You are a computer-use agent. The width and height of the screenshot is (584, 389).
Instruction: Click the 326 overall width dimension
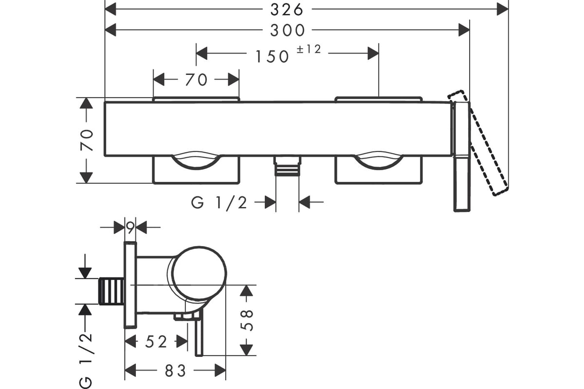(287, 10)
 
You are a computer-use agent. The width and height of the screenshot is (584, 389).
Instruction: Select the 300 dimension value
(287, 31)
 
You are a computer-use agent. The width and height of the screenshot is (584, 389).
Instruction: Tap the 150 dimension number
(272, 56)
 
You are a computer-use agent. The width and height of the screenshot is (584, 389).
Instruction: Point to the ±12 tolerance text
(309, 49)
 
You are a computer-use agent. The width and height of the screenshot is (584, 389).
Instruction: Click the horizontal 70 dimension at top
(196, 79)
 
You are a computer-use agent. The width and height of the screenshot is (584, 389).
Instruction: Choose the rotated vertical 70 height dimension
(87, 140)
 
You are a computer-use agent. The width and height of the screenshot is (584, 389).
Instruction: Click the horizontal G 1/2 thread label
(219, 203)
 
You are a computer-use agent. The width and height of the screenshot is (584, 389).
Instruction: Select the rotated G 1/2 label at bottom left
(86, 361)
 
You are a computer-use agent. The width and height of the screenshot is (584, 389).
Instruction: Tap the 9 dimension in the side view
(130, 228)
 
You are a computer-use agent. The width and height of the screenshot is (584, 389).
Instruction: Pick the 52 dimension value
(156, 341)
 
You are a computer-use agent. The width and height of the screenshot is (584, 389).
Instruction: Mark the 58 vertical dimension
(247, 320)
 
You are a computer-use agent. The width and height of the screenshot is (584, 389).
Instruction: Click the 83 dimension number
(175, 371)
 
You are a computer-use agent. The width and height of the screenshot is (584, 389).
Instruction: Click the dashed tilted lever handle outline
(478, 143)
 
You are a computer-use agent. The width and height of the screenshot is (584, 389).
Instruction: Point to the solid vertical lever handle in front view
(462, 157)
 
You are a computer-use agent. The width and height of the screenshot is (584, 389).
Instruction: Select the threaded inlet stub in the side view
(111, 291)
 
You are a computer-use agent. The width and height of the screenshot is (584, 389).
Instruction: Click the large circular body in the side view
(200, 273)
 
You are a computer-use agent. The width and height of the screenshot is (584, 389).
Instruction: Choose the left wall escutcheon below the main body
(196, 170)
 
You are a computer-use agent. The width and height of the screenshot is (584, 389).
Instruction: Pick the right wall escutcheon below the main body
(379, 170)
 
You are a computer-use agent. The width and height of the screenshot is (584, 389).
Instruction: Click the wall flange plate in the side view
(130, 285)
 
